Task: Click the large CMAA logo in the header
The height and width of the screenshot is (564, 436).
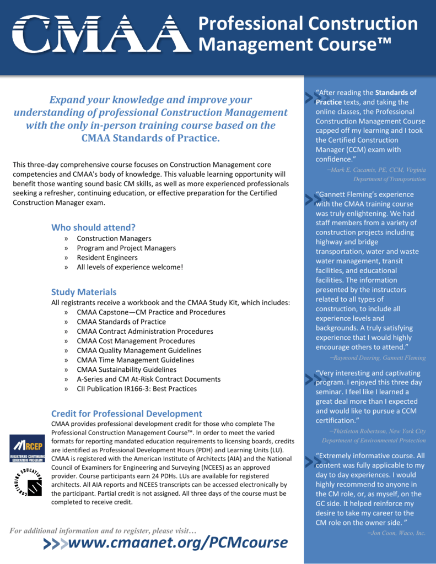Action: pos(100,34)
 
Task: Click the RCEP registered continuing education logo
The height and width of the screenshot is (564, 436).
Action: pos(27,448)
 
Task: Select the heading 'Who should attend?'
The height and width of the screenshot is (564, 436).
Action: pos(93,227)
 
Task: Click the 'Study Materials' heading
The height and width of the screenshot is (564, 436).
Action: pos(84,292)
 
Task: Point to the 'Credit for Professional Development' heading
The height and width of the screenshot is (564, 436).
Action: pos(127,413)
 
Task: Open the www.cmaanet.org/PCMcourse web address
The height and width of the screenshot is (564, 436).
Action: pos(177,543)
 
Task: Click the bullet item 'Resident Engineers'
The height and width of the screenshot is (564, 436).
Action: pos(107,257)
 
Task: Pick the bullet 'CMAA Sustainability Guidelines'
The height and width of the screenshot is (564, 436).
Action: pos(126,370)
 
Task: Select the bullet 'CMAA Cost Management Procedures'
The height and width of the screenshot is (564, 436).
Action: pos(136,341)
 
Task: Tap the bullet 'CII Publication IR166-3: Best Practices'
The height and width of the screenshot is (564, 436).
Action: pos(137,388)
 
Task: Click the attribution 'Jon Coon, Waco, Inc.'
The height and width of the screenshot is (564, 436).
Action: pos(396,533)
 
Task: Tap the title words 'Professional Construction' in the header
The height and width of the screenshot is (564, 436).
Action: pos(308,24)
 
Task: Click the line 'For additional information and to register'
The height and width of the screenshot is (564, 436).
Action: pos(103,530)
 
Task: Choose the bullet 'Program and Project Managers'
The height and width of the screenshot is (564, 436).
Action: pos(126,248)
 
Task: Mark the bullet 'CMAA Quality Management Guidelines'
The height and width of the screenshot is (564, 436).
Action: pos(139,350)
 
